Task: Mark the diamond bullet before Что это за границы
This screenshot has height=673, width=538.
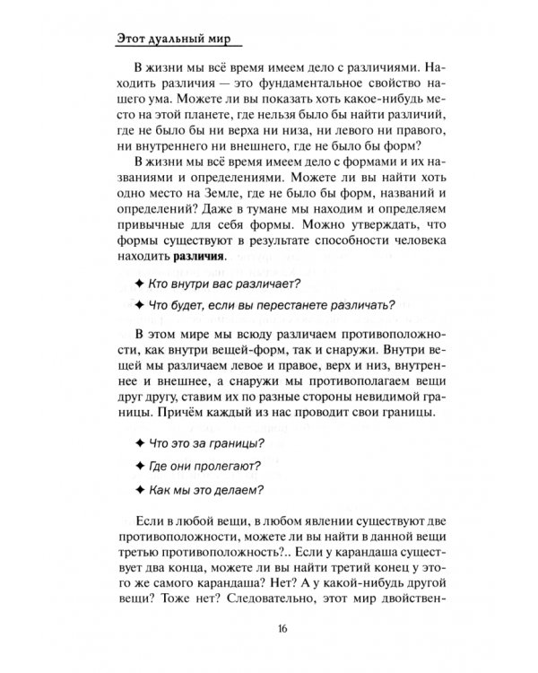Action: [x=136, y=444]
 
